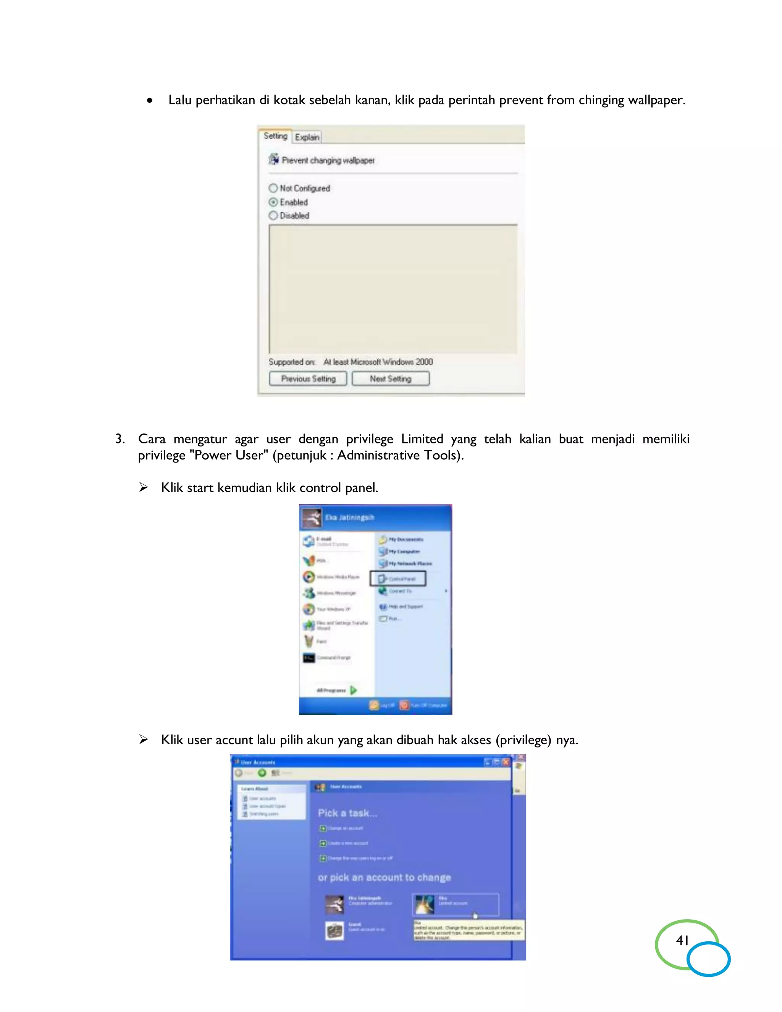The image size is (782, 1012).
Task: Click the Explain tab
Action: pos(307,137)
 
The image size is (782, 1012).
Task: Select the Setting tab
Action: pos(275,136)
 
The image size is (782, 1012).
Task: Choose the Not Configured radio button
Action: pos(273,188)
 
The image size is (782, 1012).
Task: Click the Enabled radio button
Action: pos(273,202)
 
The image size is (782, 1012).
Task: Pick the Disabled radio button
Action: pos(273,215)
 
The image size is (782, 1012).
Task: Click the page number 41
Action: pos(682,940)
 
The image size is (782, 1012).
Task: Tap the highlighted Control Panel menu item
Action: pos(398,579)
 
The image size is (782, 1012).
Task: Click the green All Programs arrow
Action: pos(354,690)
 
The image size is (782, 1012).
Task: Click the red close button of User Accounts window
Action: pos(506,762)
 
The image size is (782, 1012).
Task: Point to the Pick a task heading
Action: pos(347,813)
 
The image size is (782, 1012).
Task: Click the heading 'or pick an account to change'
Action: pos(384,877)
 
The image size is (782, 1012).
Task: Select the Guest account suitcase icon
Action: pos(334,930)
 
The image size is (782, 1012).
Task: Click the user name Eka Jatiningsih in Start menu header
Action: pos(349,517)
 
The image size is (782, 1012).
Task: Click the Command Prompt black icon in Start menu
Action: pos(309,658)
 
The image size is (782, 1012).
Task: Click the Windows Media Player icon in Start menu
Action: pos(309,577)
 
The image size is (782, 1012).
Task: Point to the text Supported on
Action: pos(292,362)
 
